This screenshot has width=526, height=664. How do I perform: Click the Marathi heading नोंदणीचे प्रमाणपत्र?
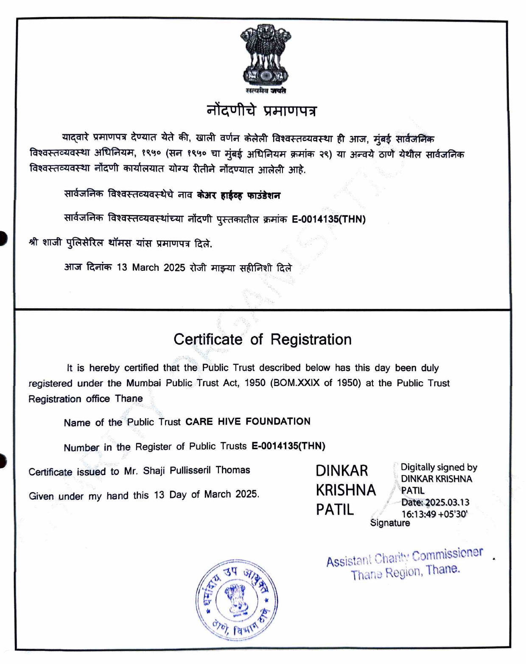click(x=262, y=111)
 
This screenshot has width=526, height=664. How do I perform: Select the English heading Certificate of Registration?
click(x=263, y=339)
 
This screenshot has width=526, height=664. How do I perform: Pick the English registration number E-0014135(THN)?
click(x=288, y=446)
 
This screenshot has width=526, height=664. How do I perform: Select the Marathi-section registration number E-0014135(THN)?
click(x=329, y=219)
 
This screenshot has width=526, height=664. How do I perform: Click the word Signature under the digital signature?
click(x=390, y=523)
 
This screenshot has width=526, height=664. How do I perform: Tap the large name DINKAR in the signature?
click(x=342, y=470)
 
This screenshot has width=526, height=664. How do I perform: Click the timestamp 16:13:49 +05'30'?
click(x=434, y=514)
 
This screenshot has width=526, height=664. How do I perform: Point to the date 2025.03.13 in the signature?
click(x=447, y=503)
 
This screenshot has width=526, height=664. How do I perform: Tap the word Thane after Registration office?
click(x=129, y=399)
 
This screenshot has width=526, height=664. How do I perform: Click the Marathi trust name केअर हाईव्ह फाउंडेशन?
click(x=239, y=195)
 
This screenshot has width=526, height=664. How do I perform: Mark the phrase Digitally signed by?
click(x=439, y=467)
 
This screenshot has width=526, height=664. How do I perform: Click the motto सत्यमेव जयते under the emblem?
click(x=266, y=90)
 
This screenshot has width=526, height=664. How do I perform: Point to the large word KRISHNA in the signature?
click(x=346, y=490)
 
